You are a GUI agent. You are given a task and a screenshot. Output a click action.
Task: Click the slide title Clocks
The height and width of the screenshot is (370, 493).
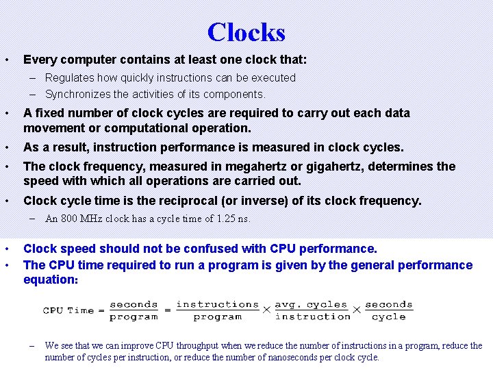coord(246,32)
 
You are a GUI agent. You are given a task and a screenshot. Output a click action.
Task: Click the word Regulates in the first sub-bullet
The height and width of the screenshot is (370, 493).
coord(71,78)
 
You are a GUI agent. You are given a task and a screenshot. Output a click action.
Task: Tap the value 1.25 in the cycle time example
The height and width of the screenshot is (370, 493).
coord(225,219)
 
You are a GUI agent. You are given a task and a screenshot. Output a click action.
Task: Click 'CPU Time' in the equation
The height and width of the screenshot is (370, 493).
coord(68,310)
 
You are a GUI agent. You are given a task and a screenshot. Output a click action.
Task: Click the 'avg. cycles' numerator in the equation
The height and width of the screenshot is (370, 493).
coord(312,305)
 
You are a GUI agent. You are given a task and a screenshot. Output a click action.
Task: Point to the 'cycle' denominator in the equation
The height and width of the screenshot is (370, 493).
coord(389,317)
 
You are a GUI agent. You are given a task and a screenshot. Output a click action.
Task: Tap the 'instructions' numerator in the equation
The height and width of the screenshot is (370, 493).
coord(218,305)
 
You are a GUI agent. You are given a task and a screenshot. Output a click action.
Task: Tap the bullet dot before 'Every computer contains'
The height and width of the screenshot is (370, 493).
coord(6,60)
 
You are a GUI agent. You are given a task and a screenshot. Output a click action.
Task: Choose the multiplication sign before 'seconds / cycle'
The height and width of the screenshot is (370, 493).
coord(356,310)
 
